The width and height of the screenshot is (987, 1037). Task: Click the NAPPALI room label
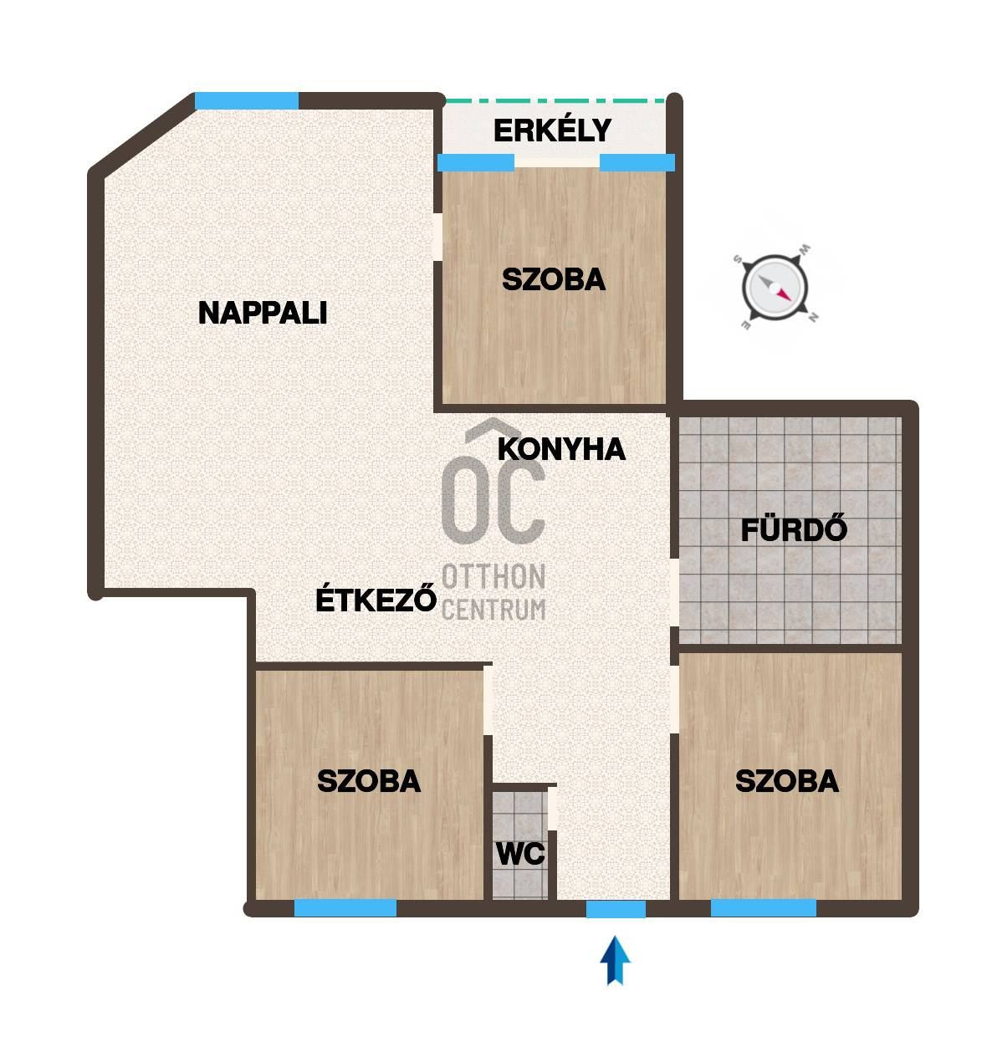tap(262, 313)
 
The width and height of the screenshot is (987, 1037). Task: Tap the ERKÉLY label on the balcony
tap(552, 131)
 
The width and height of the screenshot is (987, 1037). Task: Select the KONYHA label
tap(561, 449)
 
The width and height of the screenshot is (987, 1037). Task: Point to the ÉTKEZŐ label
tap(376, 600)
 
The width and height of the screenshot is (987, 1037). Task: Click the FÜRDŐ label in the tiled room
tap(794, 530)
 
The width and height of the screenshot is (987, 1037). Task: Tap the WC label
tap(520, 855)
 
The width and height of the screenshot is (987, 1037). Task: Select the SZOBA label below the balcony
tap(553, 279)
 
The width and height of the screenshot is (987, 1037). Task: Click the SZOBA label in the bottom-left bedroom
tap(369, 781)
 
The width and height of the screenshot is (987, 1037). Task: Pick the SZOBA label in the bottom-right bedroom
tap(786, 781)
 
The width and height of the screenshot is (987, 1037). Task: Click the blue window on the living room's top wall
tap(247, 101)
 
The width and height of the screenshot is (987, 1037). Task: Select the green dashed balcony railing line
tap(555, 100)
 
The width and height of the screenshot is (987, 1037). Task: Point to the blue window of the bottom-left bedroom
tap(345, 908)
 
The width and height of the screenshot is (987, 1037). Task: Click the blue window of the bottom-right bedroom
tap(763, 908)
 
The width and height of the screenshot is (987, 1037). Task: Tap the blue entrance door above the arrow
tap(616, 909)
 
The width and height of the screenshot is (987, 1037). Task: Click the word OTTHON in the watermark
tap(493, 577)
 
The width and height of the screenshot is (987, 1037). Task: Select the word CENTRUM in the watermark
tap(493, 610)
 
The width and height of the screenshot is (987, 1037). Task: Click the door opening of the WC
tap(552, 809)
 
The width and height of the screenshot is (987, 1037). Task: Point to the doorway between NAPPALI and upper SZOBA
tap(437, 238)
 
